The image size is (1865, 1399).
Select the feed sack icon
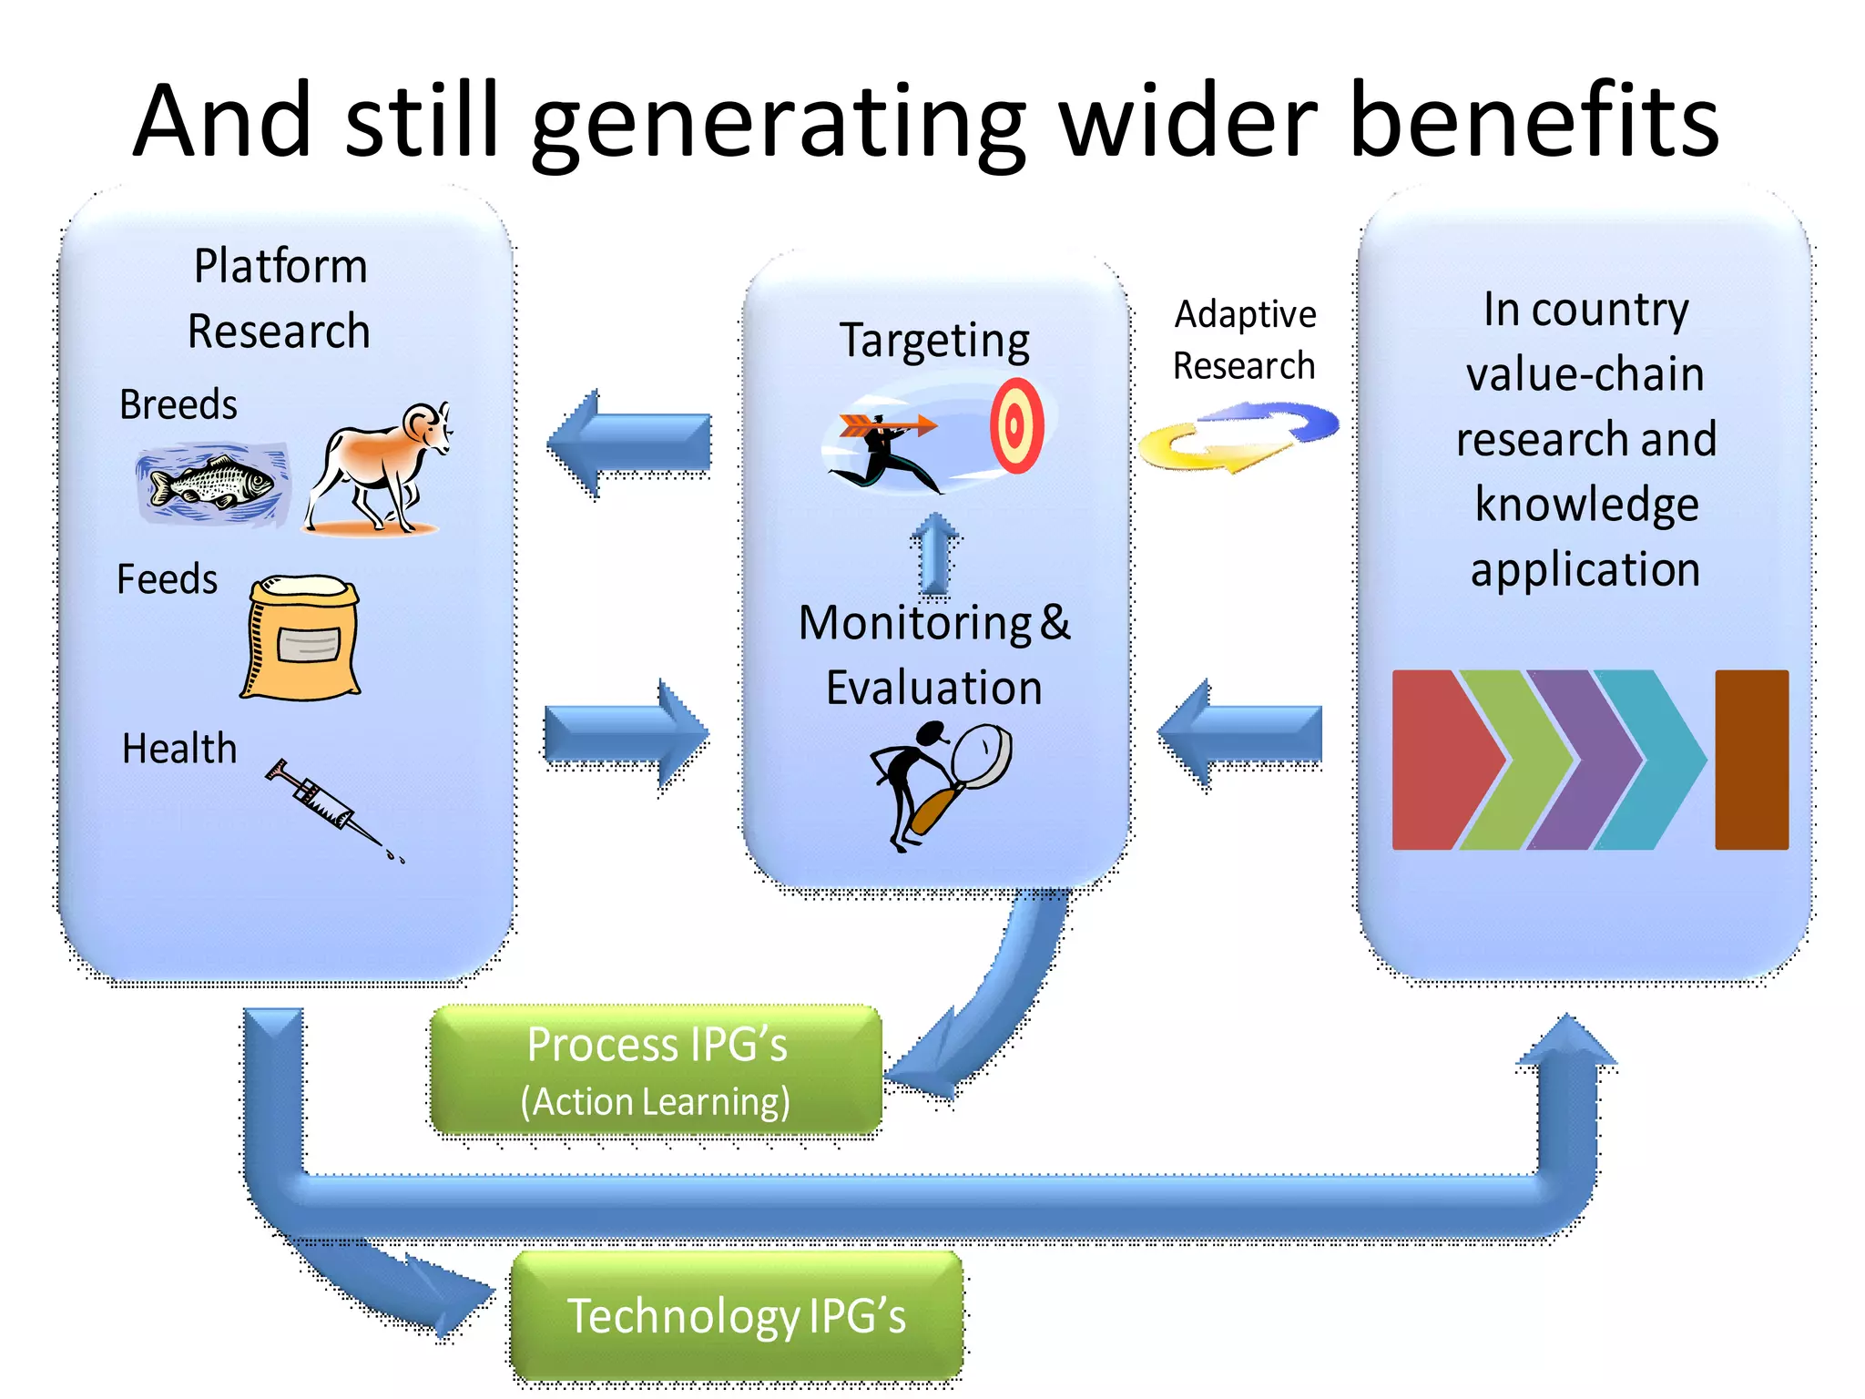pyautogui.click(x=302, y=638)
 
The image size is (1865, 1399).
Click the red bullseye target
pyautogui.click(x=1016, y=425)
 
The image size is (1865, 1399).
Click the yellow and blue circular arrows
pyautogui.click(x=1238, y=436)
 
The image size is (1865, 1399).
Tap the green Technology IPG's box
pyautogui.click(x=736, y=1316)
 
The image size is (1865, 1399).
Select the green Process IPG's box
pyautogui.click(x=656, y=1070)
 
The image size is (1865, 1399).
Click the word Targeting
pyautogui.click(x=934, y=341)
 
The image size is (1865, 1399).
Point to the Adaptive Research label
pyautogui.click(x=1244, y=340)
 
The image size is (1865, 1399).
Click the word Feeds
pyautogui.click(x=168, y=579)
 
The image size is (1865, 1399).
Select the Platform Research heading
pyautogui.click(x=280, y=298)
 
